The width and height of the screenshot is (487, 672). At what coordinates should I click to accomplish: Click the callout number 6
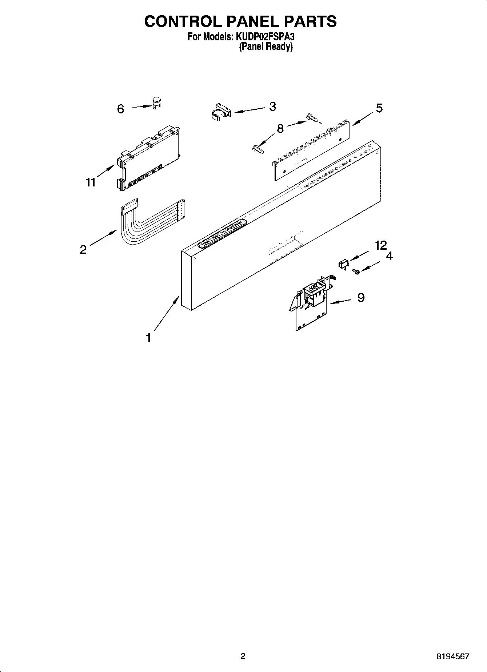[120, 109]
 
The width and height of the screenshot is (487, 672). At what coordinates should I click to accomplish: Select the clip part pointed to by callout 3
[221, 111]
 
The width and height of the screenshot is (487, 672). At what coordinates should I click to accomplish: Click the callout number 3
[272, 106]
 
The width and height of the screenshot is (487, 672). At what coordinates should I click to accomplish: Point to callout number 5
[379, 108]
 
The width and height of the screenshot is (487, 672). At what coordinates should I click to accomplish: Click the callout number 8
[280, 129]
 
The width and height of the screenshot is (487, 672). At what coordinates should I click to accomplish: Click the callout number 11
[90, 182]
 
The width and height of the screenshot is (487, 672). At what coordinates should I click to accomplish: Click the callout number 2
[83, 250]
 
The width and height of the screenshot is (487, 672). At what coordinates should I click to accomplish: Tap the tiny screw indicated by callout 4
[357, 271]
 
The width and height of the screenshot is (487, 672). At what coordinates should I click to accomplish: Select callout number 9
[361, 298]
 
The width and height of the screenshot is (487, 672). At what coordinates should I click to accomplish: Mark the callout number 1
[148, 338]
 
